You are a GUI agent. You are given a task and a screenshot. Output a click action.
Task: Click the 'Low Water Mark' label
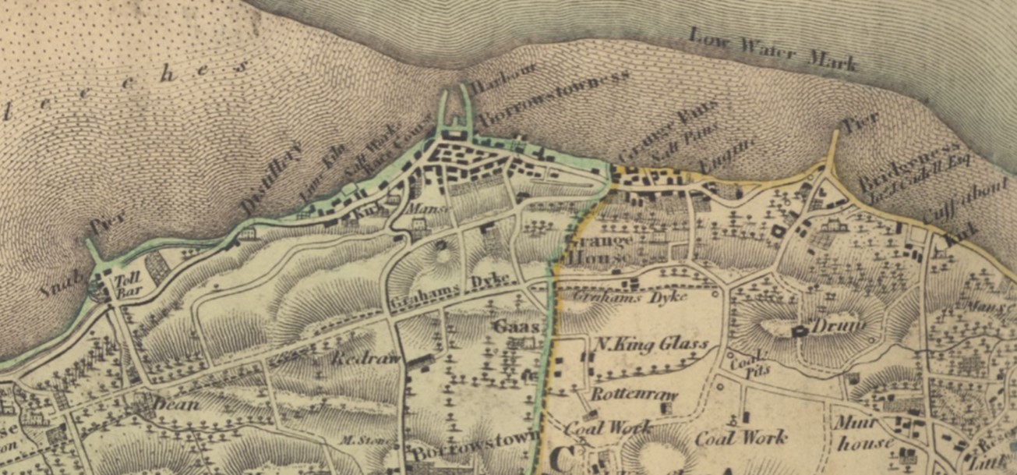(774, 51)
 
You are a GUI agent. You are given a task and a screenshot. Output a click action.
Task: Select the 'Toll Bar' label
(125, 289)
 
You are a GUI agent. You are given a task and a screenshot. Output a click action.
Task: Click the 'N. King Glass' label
(650, 345)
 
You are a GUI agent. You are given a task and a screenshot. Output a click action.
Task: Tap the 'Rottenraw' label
(634, 395)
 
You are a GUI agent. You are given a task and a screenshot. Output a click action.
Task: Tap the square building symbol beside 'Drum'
(797, 331)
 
